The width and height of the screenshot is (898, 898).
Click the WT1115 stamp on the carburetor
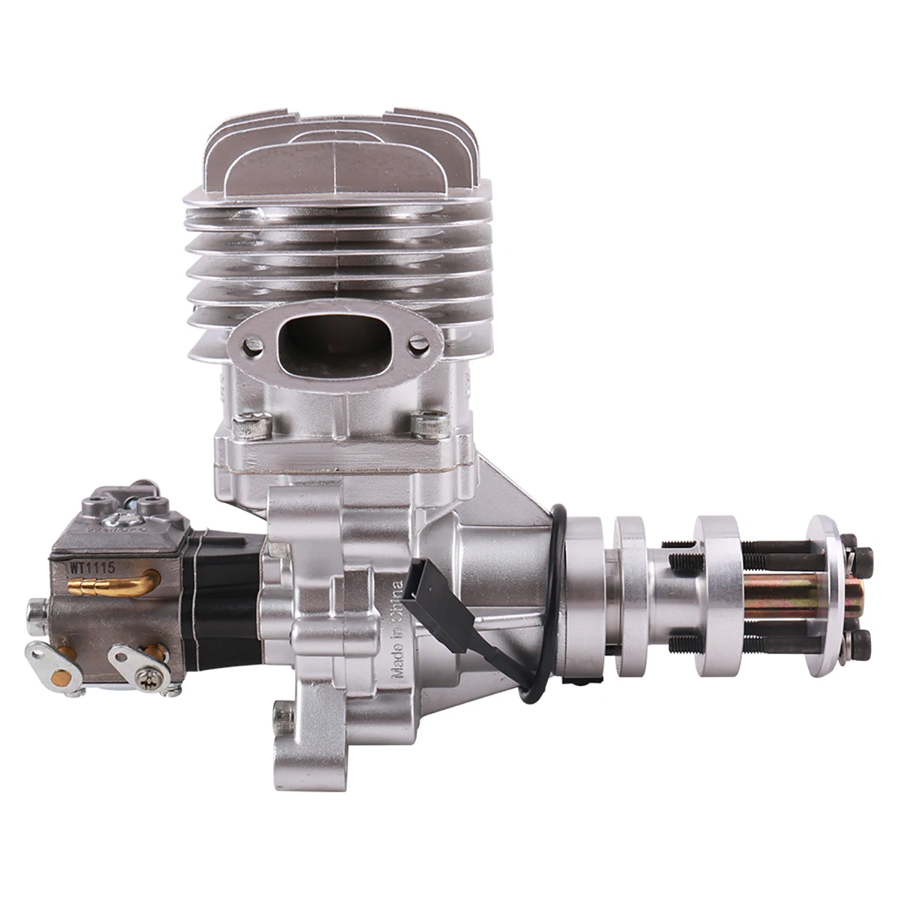(92, 567)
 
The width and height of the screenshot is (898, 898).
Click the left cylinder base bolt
(251, 427)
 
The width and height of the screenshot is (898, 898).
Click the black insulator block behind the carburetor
(224, 599)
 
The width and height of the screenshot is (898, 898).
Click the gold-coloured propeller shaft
(778, 599)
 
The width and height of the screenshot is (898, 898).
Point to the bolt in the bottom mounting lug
(283, 719)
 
